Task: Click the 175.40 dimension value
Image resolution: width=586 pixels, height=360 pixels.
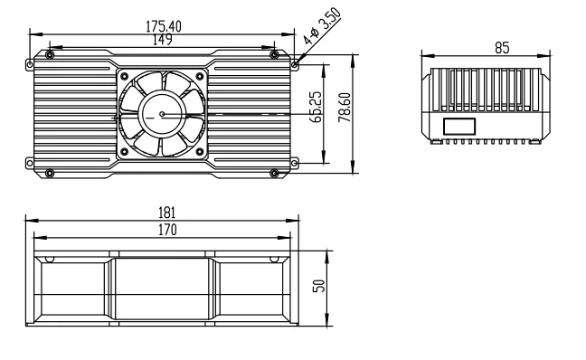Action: [164, 26]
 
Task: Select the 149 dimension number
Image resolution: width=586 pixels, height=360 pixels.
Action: [163, 39]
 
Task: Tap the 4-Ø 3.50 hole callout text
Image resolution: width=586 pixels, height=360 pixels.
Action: [322, 26]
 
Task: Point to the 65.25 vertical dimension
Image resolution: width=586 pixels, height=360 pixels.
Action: [316, 107]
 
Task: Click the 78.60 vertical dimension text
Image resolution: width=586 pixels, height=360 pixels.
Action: [345, 108]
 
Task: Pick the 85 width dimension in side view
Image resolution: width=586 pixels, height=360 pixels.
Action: [502, 48]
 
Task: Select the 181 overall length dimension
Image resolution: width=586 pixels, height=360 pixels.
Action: [166, 213]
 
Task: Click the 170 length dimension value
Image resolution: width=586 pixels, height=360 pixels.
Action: [167, 230]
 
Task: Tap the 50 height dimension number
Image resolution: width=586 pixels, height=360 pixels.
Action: [319, 286]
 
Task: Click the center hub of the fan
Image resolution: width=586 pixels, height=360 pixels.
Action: [162, 114]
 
